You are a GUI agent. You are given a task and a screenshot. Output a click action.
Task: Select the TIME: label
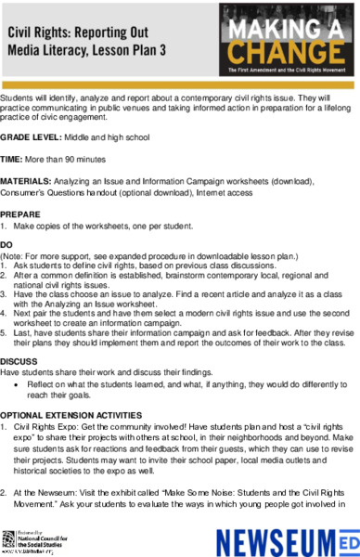pos(14,160)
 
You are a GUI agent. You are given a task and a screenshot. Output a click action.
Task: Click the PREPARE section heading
pos(20,214)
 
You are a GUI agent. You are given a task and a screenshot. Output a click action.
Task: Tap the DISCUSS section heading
pos(19,361)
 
